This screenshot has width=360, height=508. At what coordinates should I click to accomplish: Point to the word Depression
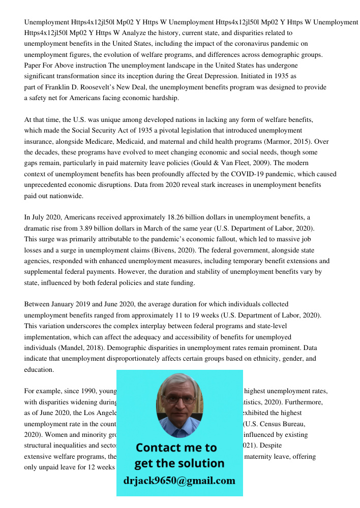click(261, 76)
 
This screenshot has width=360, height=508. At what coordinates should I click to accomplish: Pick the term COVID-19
click(239, 174)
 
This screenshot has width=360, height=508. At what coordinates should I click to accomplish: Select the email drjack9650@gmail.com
click(179, 481)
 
